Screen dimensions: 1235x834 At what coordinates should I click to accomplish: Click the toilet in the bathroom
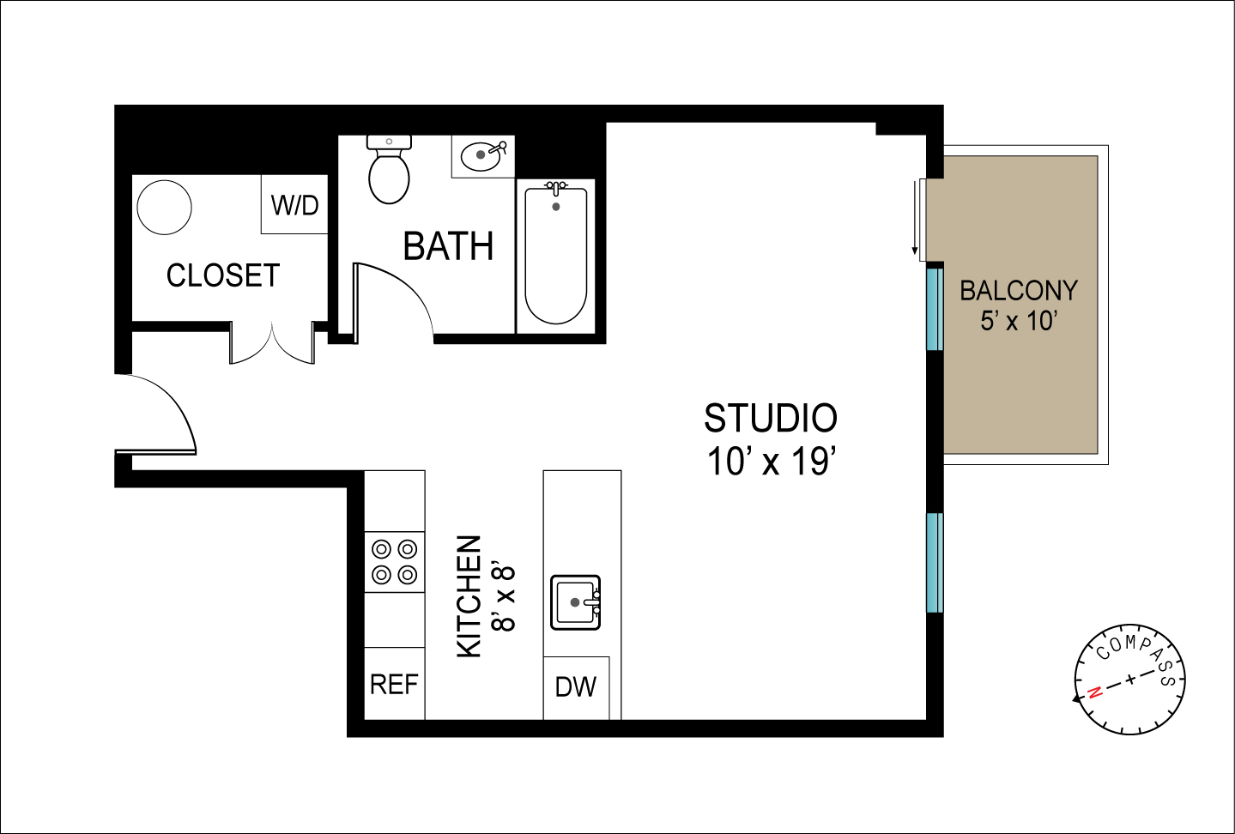389,170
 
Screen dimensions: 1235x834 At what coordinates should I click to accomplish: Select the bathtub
555,256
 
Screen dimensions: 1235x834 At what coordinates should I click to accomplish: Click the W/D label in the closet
295,205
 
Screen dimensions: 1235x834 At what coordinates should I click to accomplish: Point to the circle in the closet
164,208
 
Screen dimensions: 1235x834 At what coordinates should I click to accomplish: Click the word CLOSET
223,275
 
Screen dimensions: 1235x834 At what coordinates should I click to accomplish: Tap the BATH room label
448,246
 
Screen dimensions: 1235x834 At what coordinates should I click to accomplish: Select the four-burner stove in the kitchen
395,562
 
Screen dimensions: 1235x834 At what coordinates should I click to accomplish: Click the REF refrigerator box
395,684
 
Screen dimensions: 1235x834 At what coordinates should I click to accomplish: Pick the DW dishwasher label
576,686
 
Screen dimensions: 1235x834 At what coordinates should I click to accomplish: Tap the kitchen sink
576,602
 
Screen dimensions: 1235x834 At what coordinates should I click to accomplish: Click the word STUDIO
770,419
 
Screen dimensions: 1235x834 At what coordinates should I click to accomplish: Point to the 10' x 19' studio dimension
772,461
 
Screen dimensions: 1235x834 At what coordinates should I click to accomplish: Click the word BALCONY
1019,291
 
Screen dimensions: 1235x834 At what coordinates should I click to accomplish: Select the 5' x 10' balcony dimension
1019,321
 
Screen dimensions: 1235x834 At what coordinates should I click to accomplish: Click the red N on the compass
1095,692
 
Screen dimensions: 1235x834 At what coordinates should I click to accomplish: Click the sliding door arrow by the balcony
915,218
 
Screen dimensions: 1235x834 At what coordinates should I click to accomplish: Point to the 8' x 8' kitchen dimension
505,598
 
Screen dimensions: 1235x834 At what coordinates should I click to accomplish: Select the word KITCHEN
469,597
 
